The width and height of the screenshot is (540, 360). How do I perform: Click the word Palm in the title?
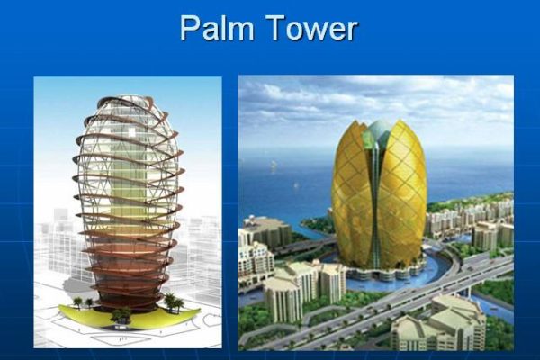coord(217,28)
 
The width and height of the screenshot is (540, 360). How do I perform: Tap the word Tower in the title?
coord(312,28)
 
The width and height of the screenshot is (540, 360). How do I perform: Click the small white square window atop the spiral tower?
coord(132,131)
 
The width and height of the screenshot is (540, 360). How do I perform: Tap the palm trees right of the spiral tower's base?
coord(173,302)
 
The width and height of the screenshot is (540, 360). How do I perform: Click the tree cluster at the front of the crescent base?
coord(121,315)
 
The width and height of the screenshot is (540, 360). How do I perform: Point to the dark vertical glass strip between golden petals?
coord(375,207)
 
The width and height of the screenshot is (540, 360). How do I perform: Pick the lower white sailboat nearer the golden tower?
coord(295,185)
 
